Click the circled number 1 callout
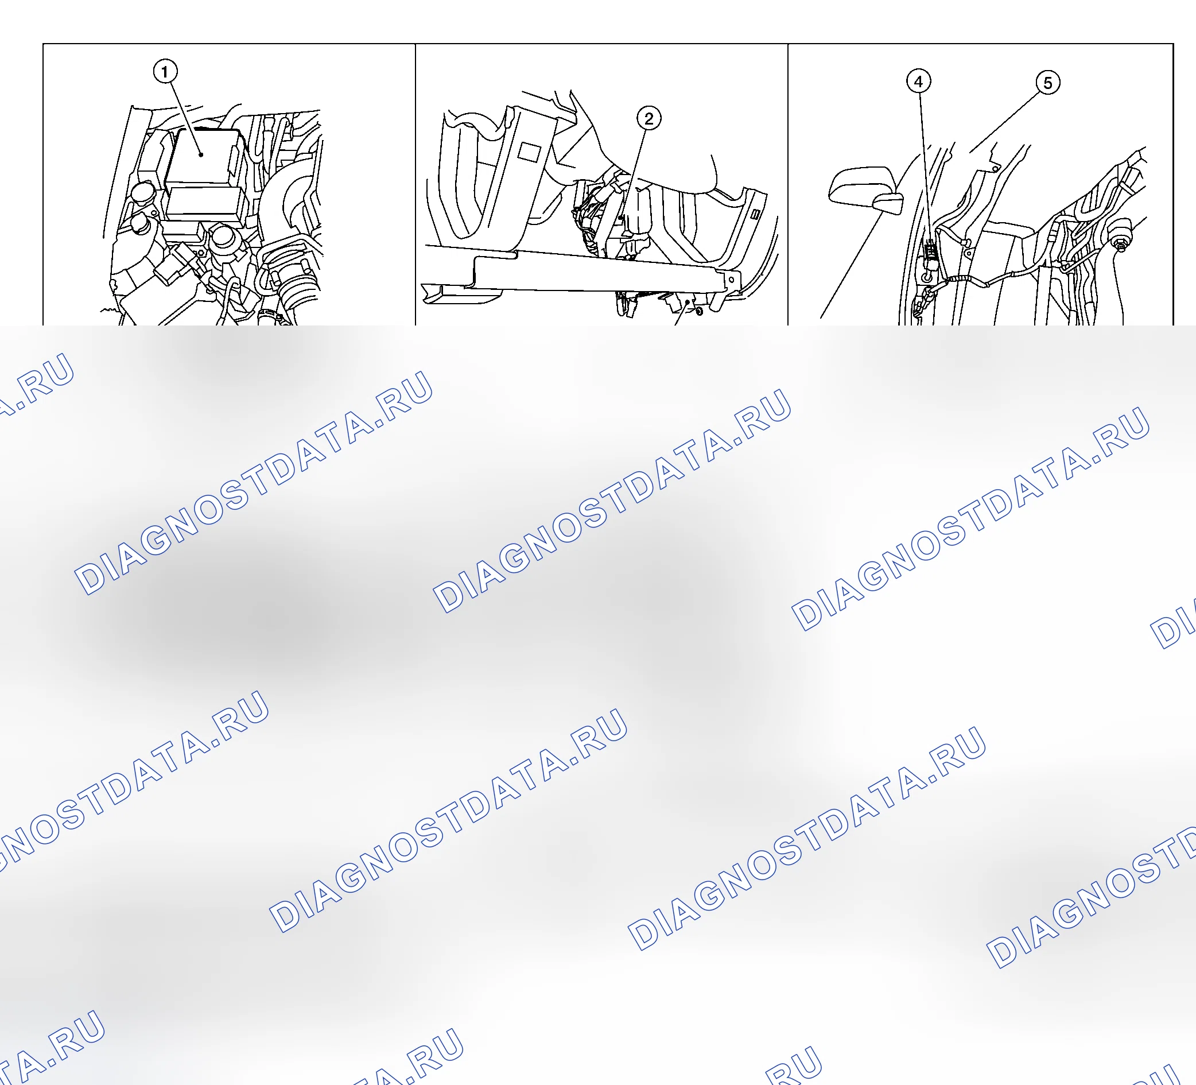point(165,72)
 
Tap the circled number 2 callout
point(649,119)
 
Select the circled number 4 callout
point(918,82)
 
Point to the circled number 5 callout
point(1048,83)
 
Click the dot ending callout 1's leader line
point(201,155)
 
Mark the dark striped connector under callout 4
point(930,249)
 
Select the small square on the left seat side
point(529,152)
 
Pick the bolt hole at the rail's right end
point(732,279)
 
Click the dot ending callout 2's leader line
point(621,218)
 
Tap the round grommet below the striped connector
point(927,277)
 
